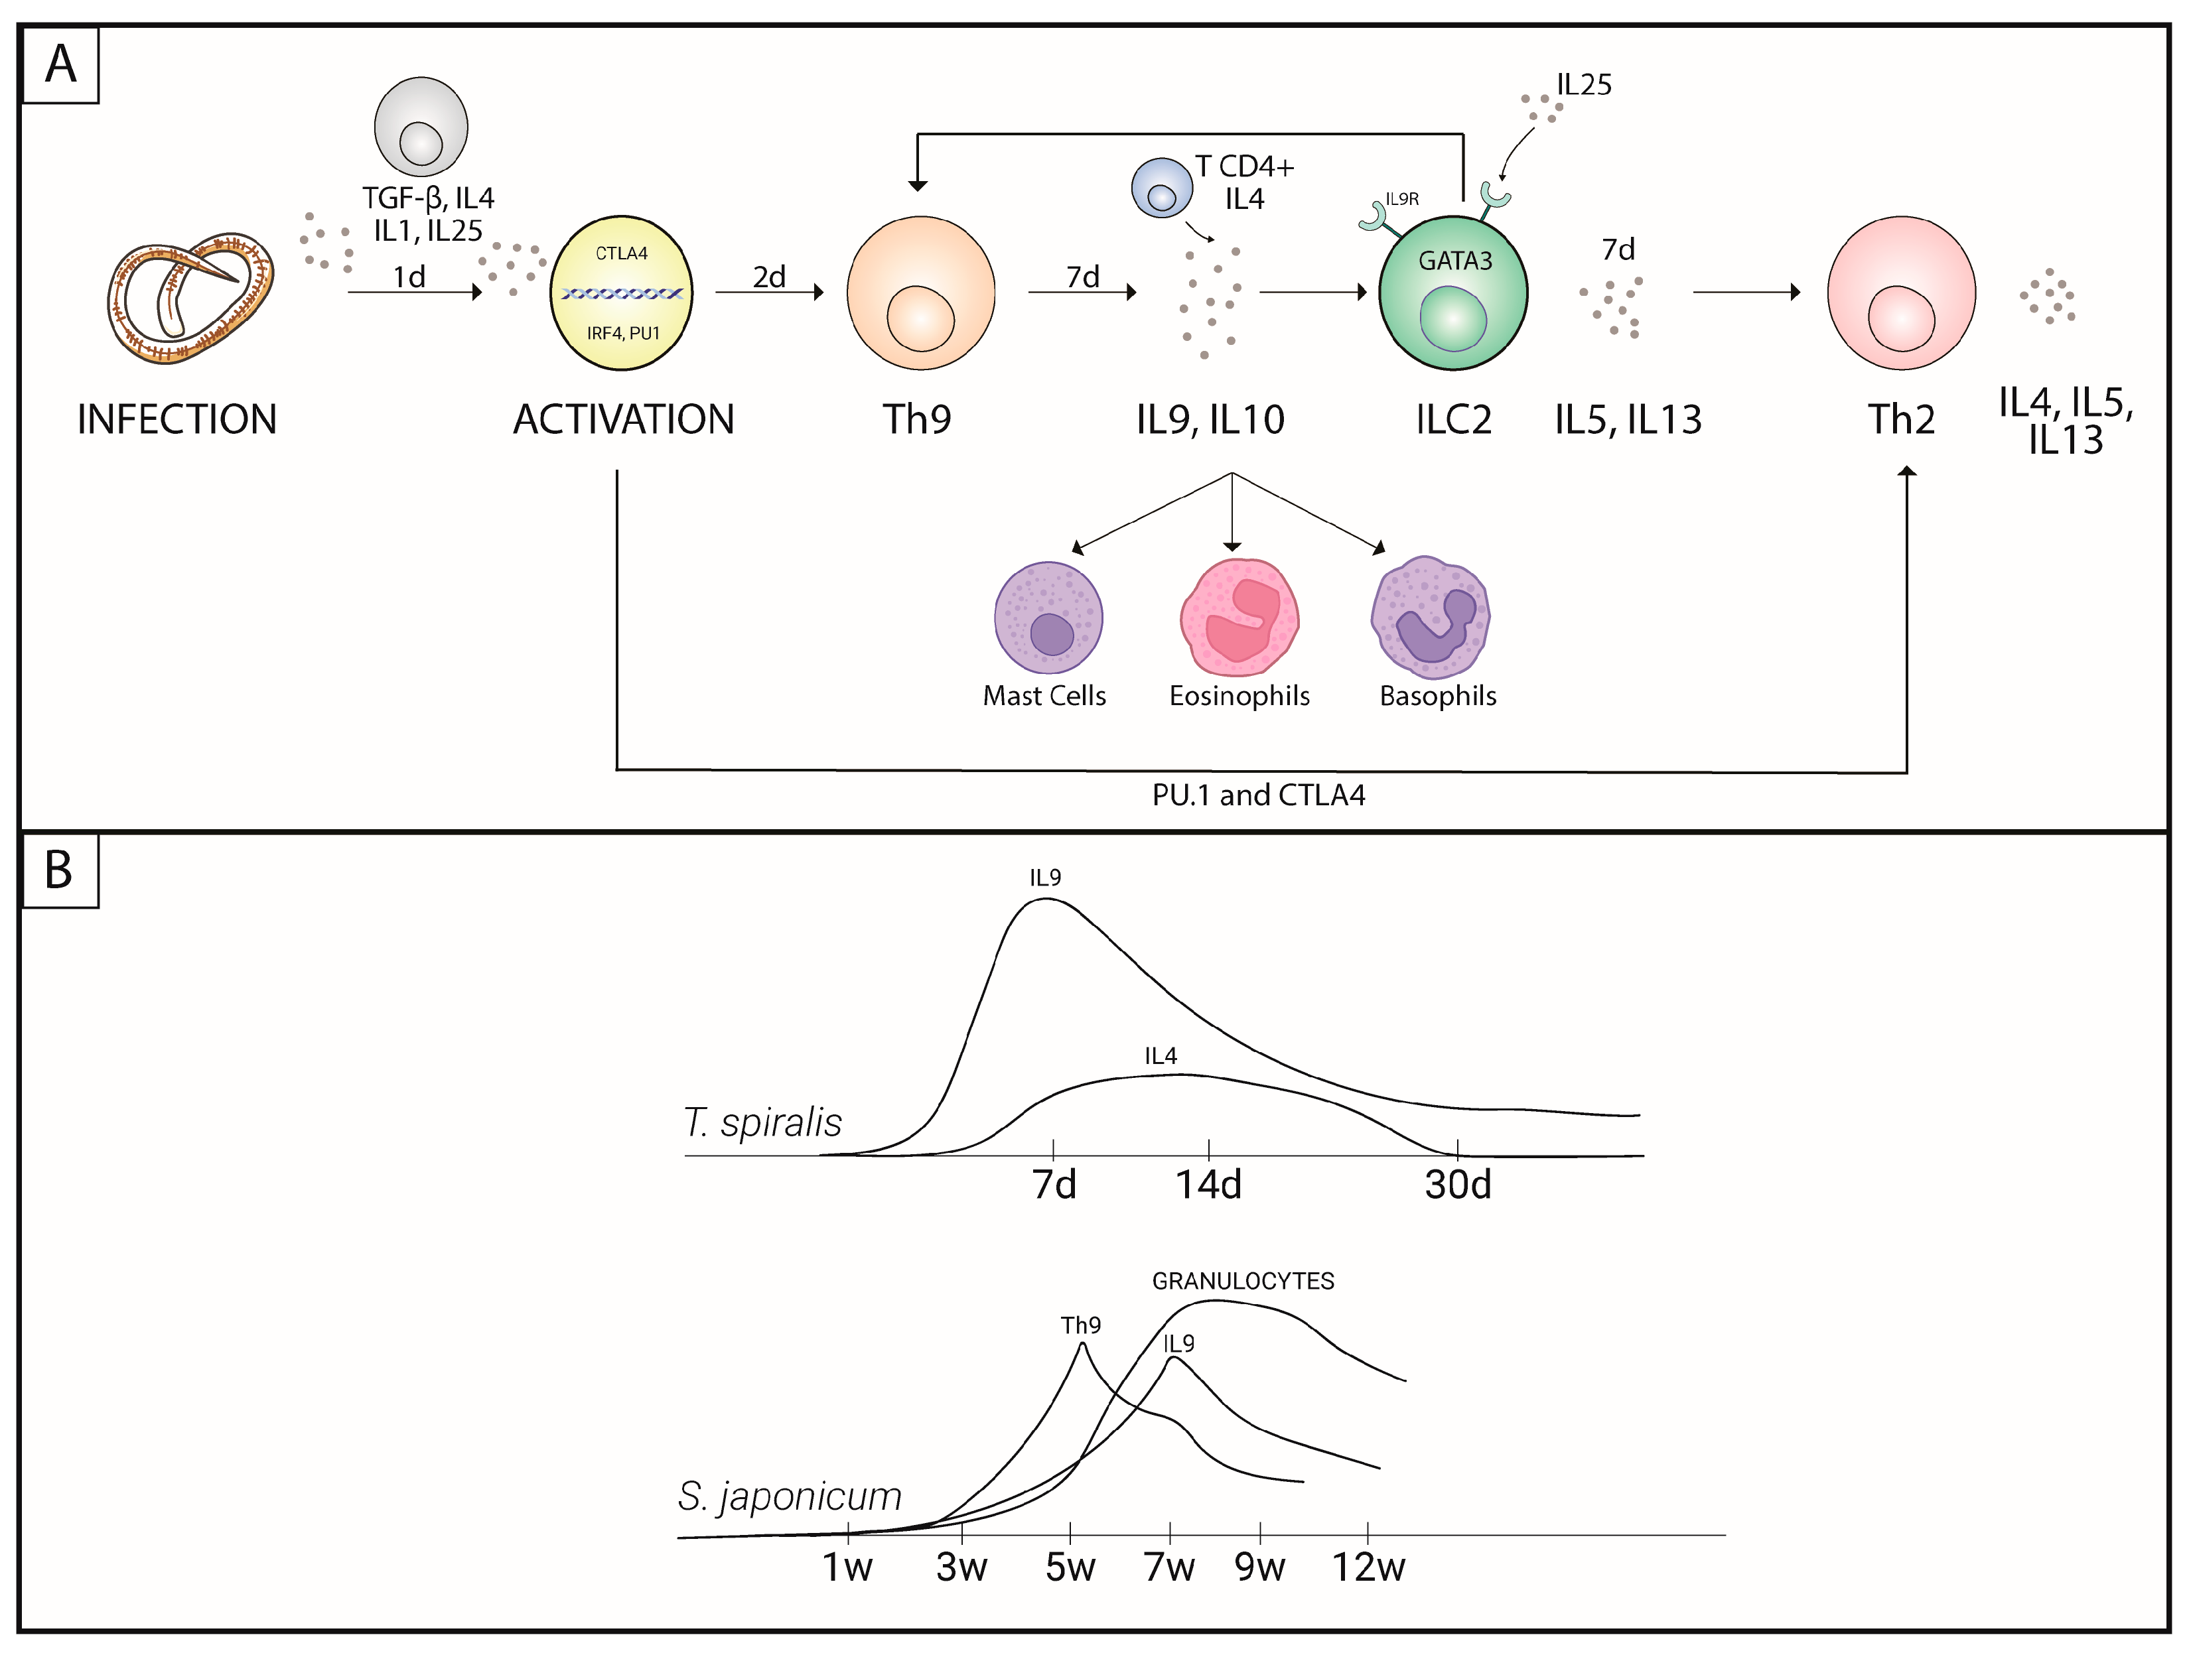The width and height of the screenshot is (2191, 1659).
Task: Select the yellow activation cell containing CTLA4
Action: coord(621,293)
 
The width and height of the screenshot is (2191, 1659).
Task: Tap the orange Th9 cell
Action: coord(920,293)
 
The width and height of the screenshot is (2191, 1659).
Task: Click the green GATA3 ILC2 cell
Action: coord(1453,293)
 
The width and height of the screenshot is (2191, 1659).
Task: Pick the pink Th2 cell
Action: coord(1901,293)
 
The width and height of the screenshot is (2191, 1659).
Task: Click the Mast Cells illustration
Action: coord(1048,618)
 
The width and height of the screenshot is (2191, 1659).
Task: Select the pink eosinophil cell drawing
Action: coord(1239,618)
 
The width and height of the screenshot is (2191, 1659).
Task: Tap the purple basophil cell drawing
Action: coord(1431,618)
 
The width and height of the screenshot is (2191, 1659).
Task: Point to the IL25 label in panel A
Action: coord(1584,85)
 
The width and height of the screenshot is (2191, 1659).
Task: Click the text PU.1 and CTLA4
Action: coord(1258,795)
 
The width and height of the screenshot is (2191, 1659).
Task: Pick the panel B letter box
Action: coord(60,870)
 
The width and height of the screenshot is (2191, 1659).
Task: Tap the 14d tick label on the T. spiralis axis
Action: coord(1208,1185)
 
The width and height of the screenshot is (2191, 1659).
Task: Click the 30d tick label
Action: coord(1458,1185)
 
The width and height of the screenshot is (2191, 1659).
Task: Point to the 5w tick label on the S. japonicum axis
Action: coord(1071,1567)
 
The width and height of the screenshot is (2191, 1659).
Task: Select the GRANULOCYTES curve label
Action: coord(1243,1281)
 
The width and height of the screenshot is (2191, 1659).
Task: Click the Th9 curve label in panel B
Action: coord(1081,1325)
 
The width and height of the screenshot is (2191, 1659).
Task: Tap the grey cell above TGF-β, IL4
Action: coord(421,126)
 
